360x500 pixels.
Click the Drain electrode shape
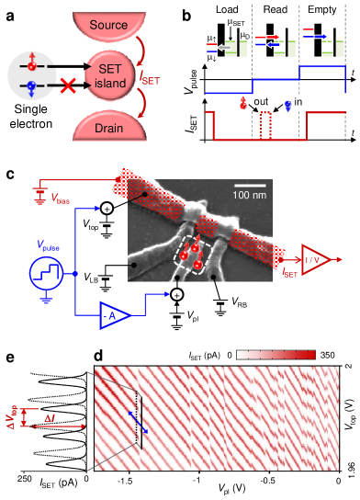[x=109, y=126]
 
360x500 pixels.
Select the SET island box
[x=110, y=72]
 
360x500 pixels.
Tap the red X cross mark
[x=66, y=86]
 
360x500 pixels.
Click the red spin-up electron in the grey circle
[x=32, y=65]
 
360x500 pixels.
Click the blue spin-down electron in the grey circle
[x=32, y=87]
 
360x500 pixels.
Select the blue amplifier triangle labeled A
[x=116, y=315]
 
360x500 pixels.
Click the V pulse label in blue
[x=46, y=245]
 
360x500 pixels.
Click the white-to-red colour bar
[x=276, y=354]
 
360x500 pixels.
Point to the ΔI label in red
[x=51, y=419]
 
